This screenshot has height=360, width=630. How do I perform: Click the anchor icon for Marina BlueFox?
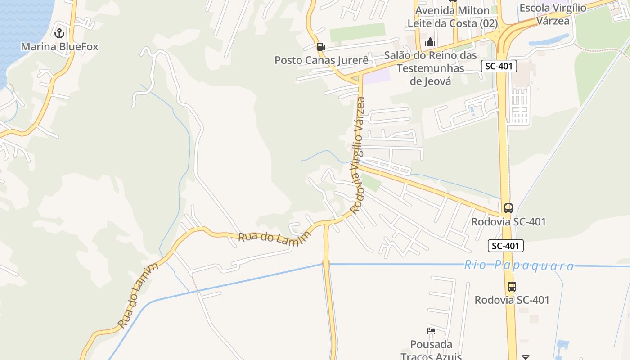tap(59, 33)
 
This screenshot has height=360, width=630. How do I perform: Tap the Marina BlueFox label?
tap(59, 47)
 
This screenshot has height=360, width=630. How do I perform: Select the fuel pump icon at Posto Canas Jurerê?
tap(321, 46)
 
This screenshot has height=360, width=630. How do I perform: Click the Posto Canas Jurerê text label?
tap(322, 60)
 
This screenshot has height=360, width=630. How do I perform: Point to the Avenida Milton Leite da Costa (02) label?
tap(452, 17)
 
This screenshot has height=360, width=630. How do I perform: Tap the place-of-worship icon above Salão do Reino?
tap(430, 42)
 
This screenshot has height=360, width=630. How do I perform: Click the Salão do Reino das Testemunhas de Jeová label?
tap(430, 68)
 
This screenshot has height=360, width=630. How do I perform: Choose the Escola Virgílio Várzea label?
tap(553, 14)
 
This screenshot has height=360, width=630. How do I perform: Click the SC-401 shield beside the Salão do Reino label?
tap(499, 67)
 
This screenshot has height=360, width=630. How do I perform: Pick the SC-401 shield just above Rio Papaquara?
tap(506, 246)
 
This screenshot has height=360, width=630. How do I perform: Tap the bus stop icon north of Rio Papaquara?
tap(508, 208)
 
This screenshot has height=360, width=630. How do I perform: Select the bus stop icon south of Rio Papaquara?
tap(512, 286)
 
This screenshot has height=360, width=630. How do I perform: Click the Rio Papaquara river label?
tap(519, 265)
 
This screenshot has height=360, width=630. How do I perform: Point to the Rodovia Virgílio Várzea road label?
tap(358, 155)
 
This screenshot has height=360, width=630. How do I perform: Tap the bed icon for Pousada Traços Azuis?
tap(431, 331)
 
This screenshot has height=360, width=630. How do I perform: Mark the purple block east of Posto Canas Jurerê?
tap(376, 76)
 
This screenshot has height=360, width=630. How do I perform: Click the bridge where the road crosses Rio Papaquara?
tap(326, 264)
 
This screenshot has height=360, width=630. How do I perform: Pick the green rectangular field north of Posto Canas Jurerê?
tap(358, 32)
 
